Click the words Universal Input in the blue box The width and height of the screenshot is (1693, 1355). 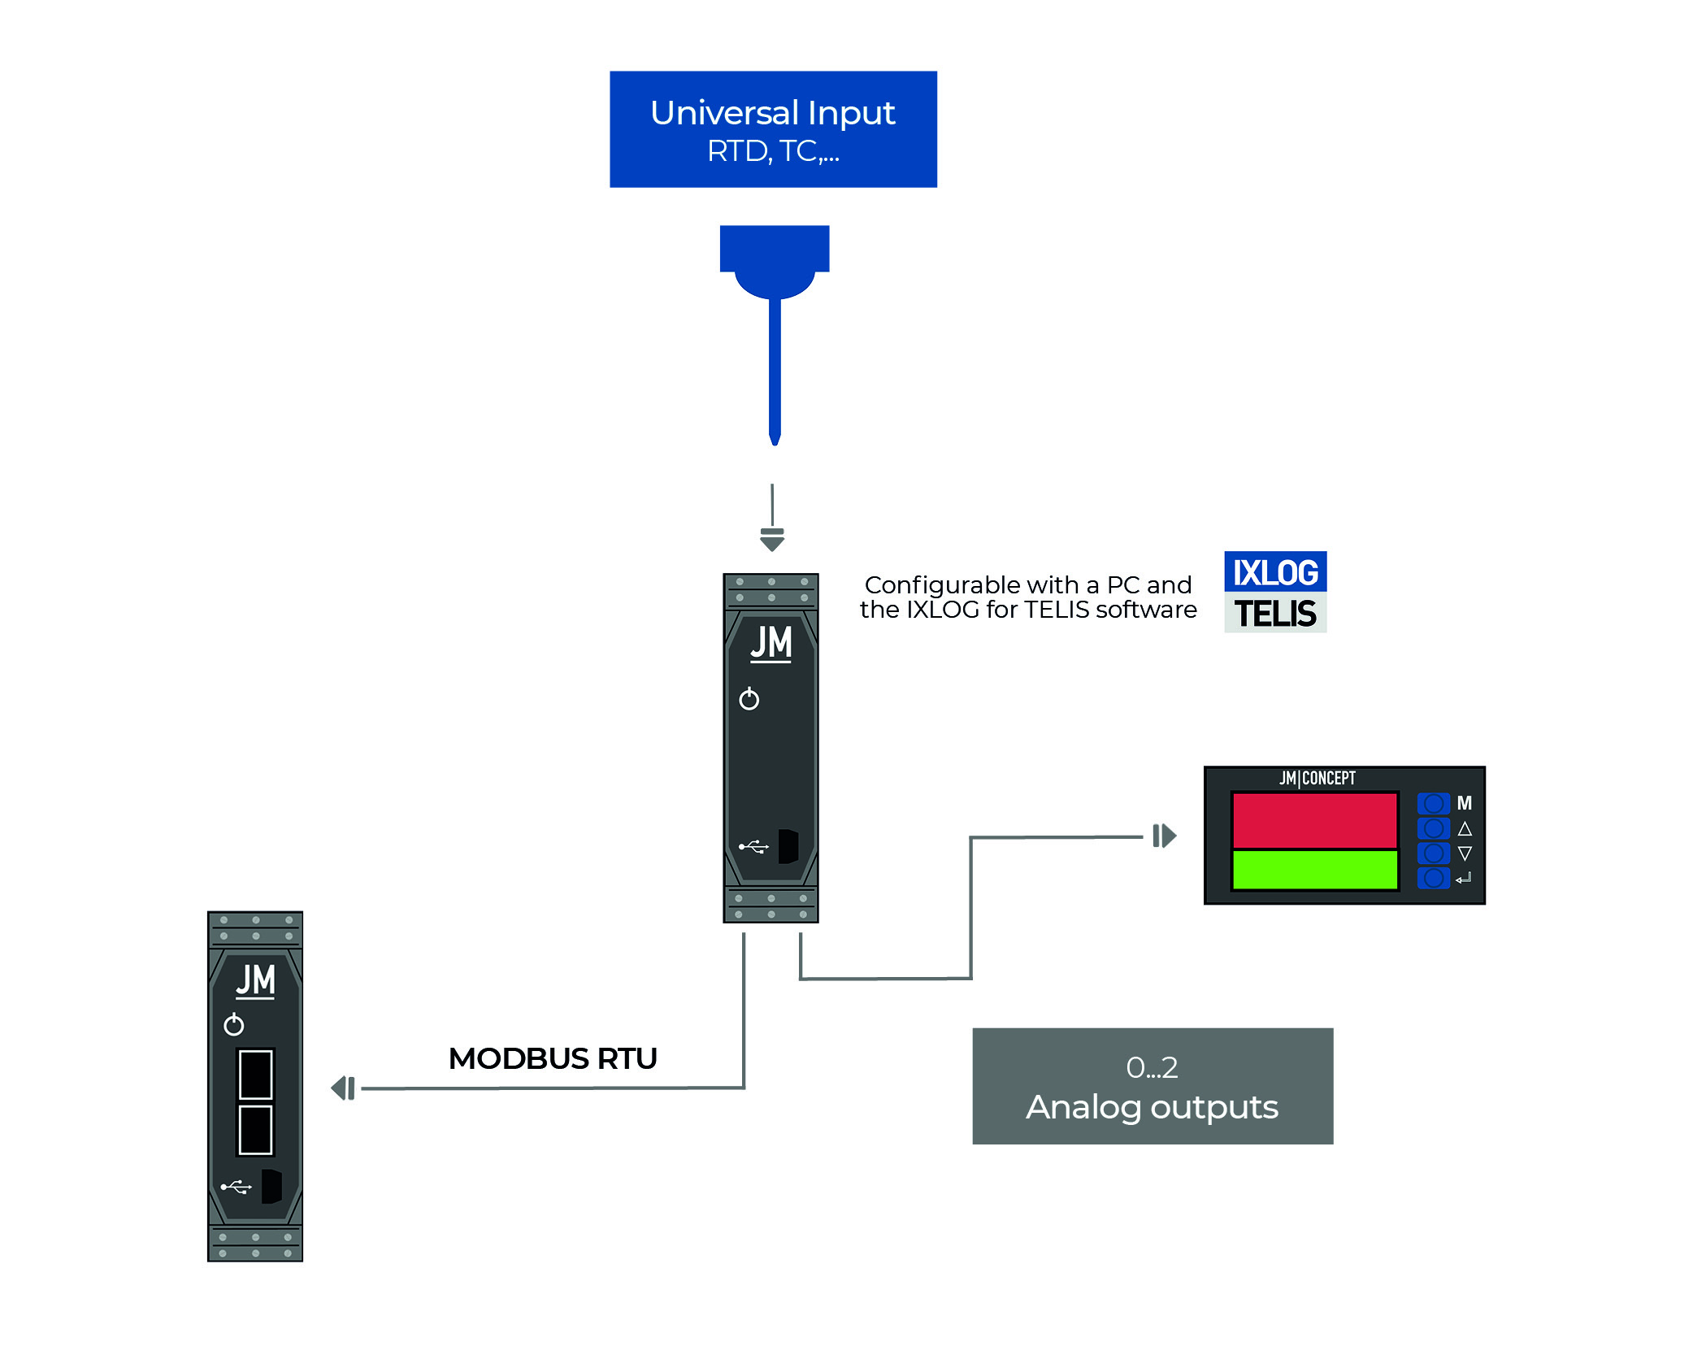click(772, 113)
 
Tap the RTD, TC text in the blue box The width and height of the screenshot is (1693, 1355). click(772, 152)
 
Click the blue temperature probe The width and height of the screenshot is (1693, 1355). click(775, 325)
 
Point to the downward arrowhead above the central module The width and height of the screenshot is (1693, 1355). click(772, 541)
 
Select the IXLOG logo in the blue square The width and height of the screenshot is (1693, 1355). click(1275, 572)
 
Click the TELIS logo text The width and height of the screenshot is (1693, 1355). click(1275, 614)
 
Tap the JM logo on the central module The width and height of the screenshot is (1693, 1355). click(771, 643)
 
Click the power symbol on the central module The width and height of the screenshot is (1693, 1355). click(749, 699)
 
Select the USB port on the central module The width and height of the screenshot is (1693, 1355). click(788, 846)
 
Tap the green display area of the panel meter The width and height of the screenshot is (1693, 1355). click(1314, 870)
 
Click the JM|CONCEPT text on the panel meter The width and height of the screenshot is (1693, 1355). click(1318, 778)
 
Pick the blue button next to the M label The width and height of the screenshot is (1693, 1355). click(1433, 804)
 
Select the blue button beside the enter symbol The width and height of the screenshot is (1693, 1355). click(1433, 878)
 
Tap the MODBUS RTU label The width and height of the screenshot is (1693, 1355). click(553, 1058)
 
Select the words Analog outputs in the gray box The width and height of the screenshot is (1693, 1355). click(1152, 1107)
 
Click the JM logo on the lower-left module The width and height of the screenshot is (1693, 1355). click(255, 980)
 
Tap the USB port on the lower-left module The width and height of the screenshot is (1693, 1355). click(271, 1187)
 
